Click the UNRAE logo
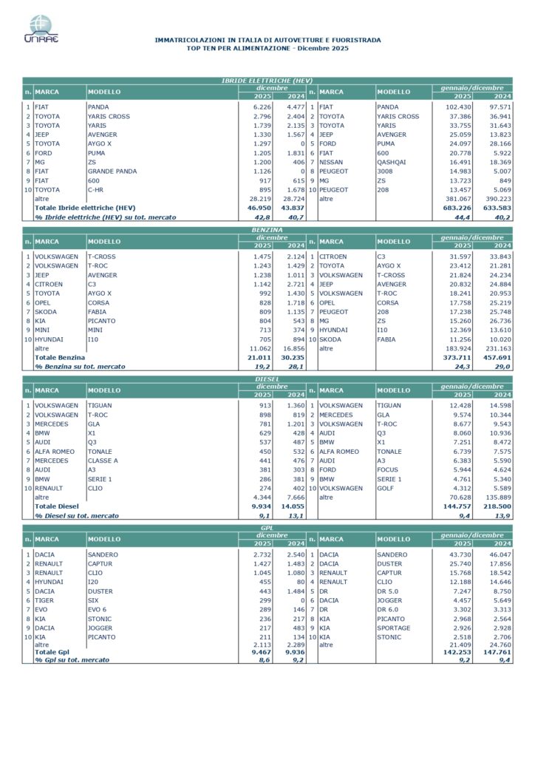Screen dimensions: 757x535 pyautogui.click(x=41, y=29)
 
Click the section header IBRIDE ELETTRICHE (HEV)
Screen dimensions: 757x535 pyautogui.click(x=267, y=80)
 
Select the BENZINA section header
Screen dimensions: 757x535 pyautogui.click(x=267, y=231)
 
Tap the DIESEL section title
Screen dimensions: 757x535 pyautogui.click(x=267, y=378)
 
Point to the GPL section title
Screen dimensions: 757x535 pyautogui.click(x=267, y=528)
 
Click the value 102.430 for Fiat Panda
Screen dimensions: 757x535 pyautogui.click(x=458, y=107)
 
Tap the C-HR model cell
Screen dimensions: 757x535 pyautogui.click(x=98, y=189)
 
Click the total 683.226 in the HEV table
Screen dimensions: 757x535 pyautogui.click(x=457, y=208)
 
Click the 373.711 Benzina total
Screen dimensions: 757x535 pyautogui.click(x=457, y=357)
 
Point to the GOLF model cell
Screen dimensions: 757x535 pyautogui.click(x=386, y=488)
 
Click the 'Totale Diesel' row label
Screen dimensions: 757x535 pyautogui.click(x=59, y=506)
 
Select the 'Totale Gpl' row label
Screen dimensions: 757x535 pyautogui.click(x=53, y=653)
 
